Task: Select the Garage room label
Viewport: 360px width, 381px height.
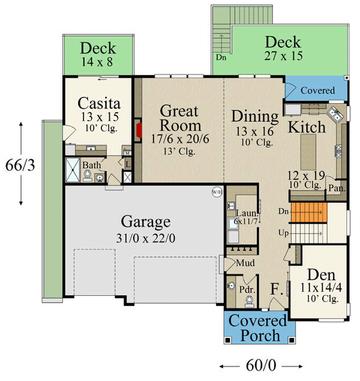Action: (146, 221)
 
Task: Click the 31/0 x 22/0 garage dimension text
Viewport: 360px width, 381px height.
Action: (146, 238)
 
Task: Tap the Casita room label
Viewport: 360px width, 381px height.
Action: (98, 103)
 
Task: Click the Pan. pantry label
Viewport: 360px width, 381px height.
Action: (335, 188)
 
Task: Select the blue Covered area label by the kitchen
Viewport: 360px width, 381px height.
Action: (317, 91)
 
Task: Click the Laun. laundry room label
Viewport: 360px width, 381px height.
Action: (245, 213)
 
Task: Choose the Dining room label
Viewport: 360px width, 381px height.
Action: (255, 116)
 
